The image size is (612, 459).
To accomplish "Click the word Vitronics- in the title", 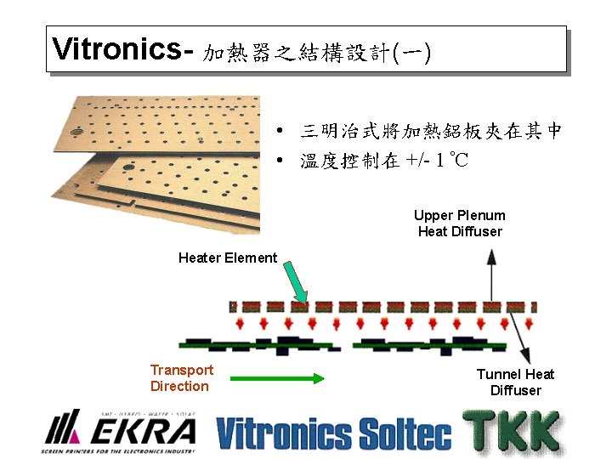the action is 124,49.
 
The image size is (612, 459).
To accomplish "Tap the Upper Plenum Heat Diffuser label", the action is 459,224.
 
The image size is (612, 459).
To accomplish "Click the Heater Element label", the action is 228,258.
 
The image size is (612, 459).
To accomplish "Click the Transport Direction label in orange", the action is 181,378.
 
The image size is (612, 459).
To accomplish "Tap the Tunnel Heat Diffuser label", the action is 515,382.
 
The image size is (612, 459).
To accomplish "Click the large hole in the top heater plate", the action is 76,133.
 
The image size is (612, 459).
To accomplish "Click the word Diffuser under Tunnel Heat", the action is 515,391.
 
